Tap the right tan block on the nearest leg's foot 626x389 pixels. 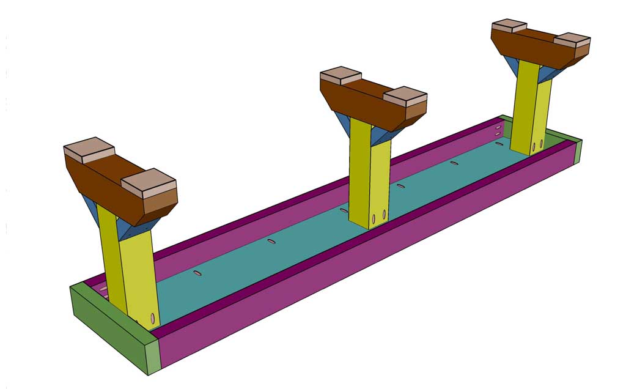pos(149,181)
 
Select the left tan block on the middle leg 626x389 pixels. pos(341,75)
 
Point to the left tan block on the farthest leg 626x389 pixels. pos(509,25)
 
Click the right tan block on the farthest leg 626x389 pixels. pos(572,40)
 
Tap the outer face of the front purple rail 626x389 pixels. pos(367,263)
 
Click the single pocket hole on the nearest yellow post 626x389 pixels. pos(152,319)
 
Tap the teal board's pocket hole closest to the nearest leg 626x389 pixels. pos(197,273)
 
